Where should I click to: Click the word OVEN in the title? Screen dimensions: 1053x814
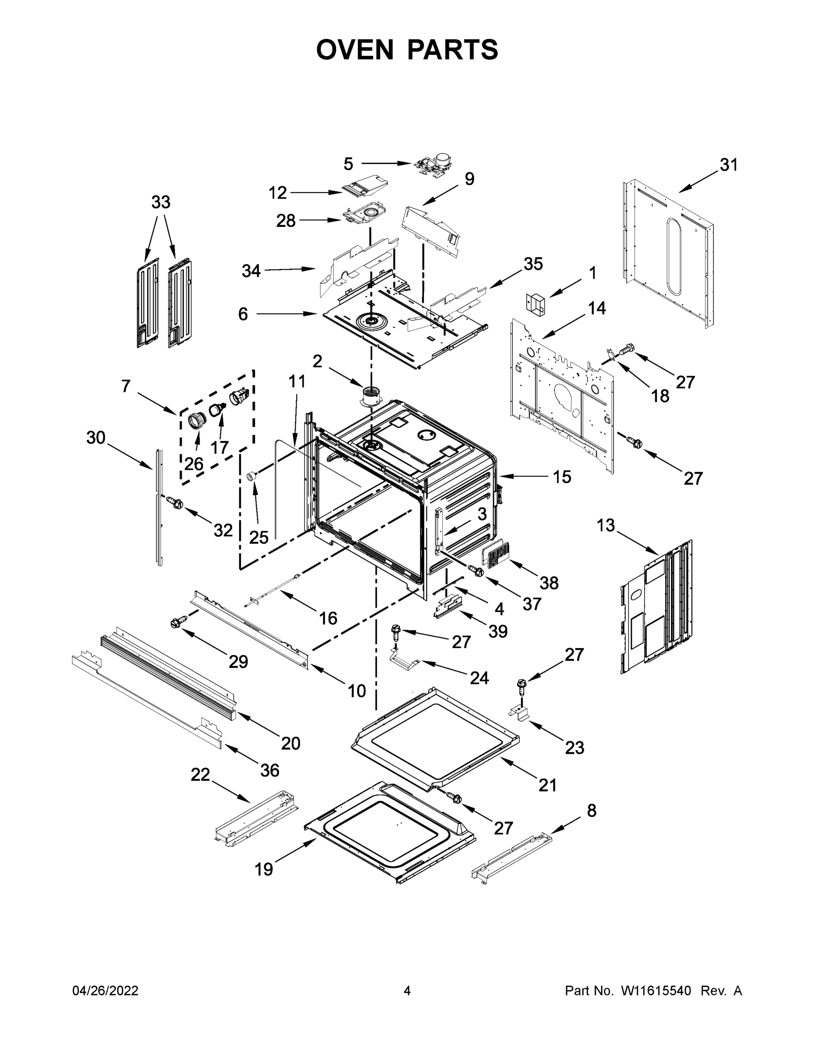click(x=355, y=50)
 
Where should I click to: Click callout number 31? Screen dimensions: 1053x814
click(x=728, y=165)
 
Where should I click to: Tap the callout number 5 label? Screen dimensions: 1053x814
click(x=348, y=164)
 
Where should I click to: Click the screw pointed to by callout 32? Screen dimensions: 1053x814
click(x=174, y=503)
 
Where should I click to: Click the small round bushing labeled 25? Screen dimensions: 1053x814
click(x=251, y=476)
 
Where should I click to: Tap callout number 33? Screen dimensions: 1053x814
click(x=161, y=202)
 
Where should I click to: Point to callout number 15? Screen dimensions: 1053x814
click(x=561, y=477)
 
